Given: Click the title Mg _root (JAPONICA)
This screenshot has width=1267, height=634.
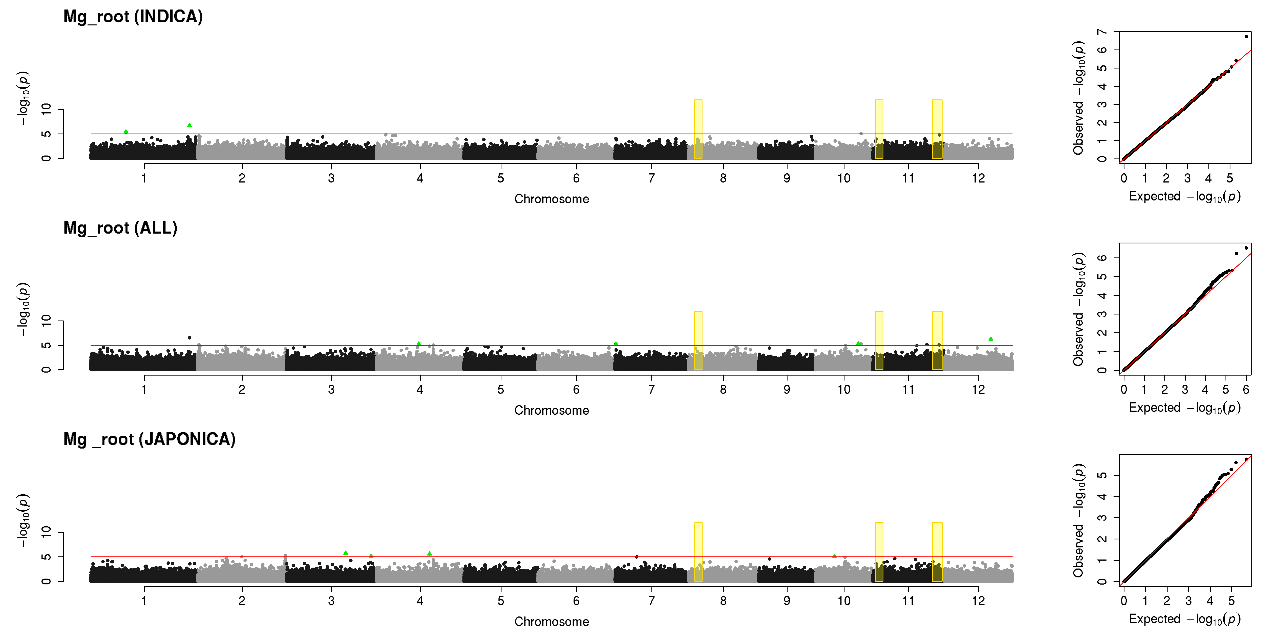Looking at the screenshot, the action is point(150,439).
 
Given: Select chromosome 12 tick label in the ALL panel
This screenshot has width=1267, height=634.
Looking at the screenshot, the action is point(978,389).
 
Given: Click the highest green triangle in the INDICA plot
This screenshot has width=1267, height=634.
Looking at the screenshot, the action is point(189,125).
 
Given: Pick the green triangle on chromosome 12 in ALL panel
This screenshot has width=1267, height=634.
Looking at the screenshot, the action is point(991,339).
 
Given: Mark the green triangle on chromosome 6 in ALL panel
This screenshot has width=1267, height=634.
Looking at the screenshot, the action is point(616,344).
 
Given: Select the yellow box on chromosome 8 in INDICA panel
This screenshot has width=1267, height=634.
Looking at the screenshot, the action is point(698,129).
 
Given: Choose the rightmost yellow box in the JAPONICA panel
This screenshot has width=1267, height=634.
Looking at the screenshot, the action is point(937,552).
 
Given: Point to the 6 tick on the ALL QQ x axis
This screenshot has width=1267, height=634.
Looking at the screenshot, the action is point(1246,389).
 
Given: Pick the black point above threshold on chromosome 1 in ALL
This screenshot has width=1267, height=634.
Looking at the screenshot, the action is point(189,338).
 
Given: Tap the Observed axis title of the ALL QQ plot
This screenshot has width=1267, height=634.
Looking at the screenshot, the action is point(1078,309).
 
